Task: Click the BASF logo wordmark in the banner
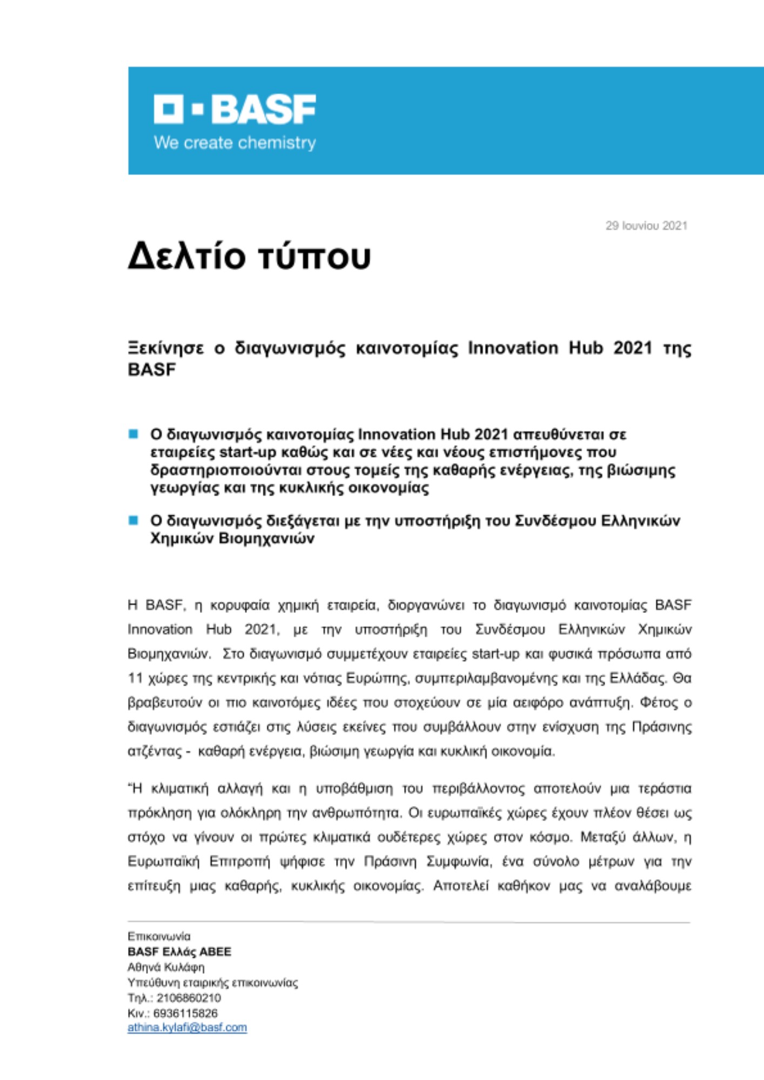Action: [x=263, y=110]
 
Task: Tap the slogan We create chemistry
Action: [x=234, y=143]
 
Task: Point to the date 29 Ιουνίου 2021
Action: [x=646, y=226]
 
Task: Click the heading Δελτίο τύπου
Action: [x=249, y=256]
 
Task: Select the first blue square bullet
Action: [x=133, y=434]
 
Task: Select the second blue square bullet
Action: [x=133, y=520]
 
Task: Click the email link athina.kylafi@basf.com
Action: [x=187, y=1027]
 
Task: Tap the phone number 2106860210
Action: [x=189, y=997]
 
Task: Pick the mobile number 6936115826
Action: [x=185, y=1013]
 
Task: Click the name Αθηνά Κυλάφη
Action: [x=166, y=967]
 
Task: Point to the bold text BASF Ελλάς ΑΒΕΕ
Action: [x=179, y=951]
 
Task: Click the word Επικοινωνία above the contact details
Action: [x=159, y=936]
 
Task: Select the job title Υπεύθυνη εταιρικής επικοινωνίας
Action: [x=212, y=982]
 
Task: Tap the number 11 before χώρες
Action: [x=135, y=678]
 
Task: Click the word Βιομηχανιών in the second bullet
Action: [x=266, y=538]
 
